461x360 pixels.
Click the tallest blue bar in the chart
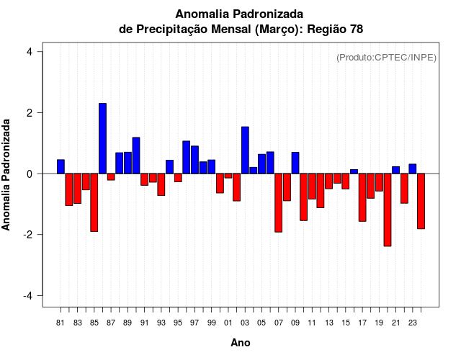pyautogui.click(x=102, y=138)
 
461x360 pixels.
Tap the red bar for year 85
pyautogui.click(x=94, y=202)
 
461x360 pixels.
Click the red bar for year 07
pyautogui.click(x=279, y=202)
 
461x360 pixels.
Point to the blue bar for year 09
pyautogui.click(x=295, y=163)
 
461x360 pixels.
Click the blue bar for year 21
pyautogui.click(x=395, y=170)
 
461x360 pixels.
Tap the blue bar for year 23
pyautogui.click(x=413, y=168)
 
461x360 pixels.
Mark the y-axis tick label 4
pyautogui.click(x=29, y=52)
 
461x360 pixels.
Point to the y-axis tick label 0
pyautogui.click(x=29, y=174)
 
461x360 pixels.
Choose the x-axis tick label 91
pyautogui.click(x=145, y=323)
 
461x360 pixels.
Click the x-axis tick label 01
pyautogui.click(x=228, y=323)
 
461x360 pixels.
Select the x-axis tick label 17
pyautogui.click(x=362, y=323)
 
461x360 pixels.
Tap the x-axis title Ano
pyautogui.click(x=241, y=343)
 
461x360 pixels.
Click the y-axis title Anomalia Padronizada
pyautogui.click(x=7, y=174)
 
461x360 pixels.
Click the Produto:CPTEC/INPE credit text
pyautogui.click(x=386, y=58)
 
